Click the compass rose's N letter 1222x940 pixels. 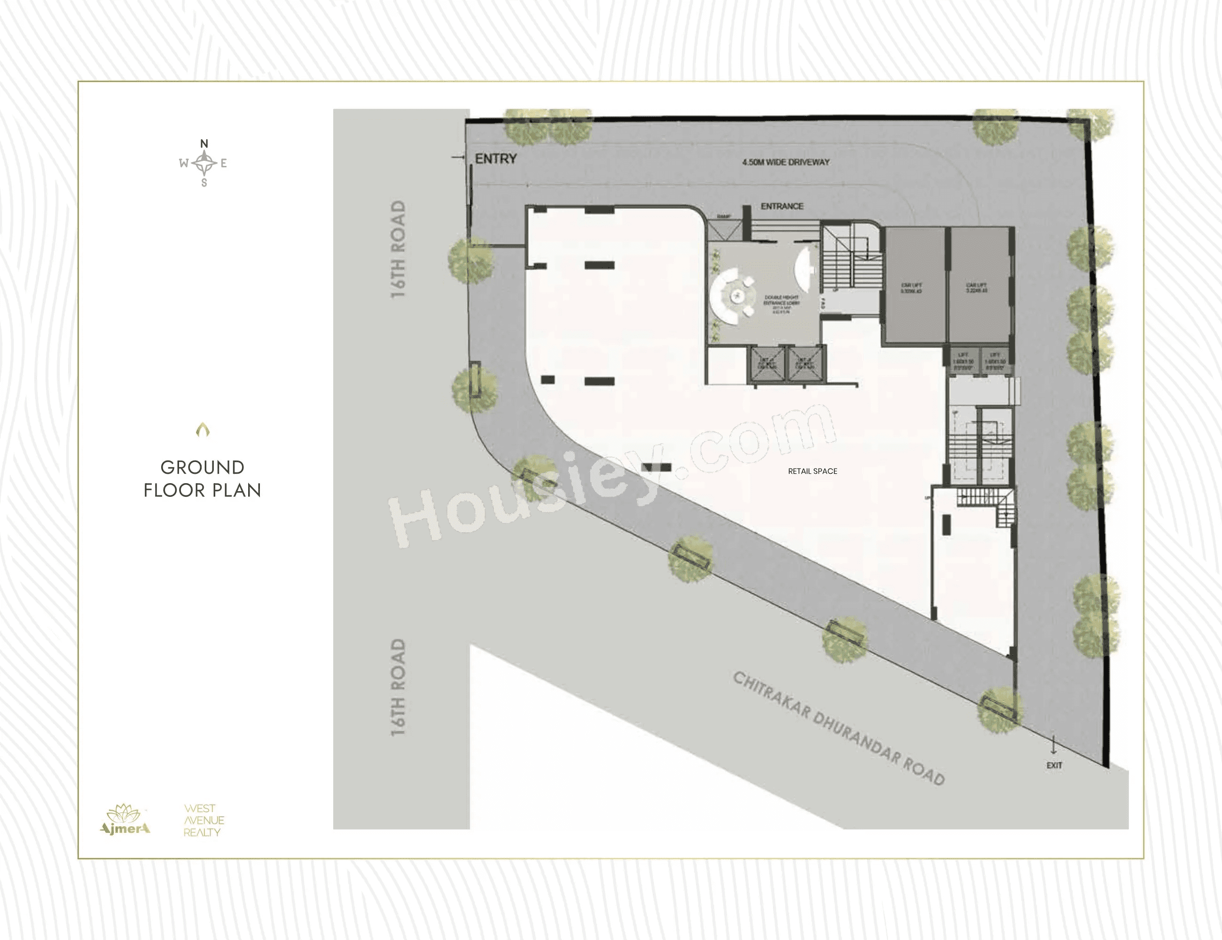point(204,144)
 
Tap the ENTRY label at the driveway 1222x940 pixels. point(495,159)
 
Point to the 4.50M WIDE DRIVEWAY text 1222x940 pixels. point(785,162)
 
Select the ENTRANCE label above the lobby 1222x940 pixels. point(782,206)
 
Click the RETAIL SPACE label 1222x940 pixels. point(813,471)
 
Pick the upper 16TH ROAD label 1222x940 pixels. point(398,250)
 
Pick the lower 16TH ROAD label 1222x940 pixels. point(398,688)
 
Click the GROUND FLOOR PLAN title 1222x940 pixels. point(203,479)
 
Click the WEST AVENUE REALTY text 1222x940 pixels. point(204,820)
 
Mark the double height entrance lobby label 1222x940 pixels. point(781,303)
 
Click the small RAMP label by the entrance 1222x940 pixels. point(724,217)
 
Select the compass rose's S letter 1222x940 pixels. point(204,183)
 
